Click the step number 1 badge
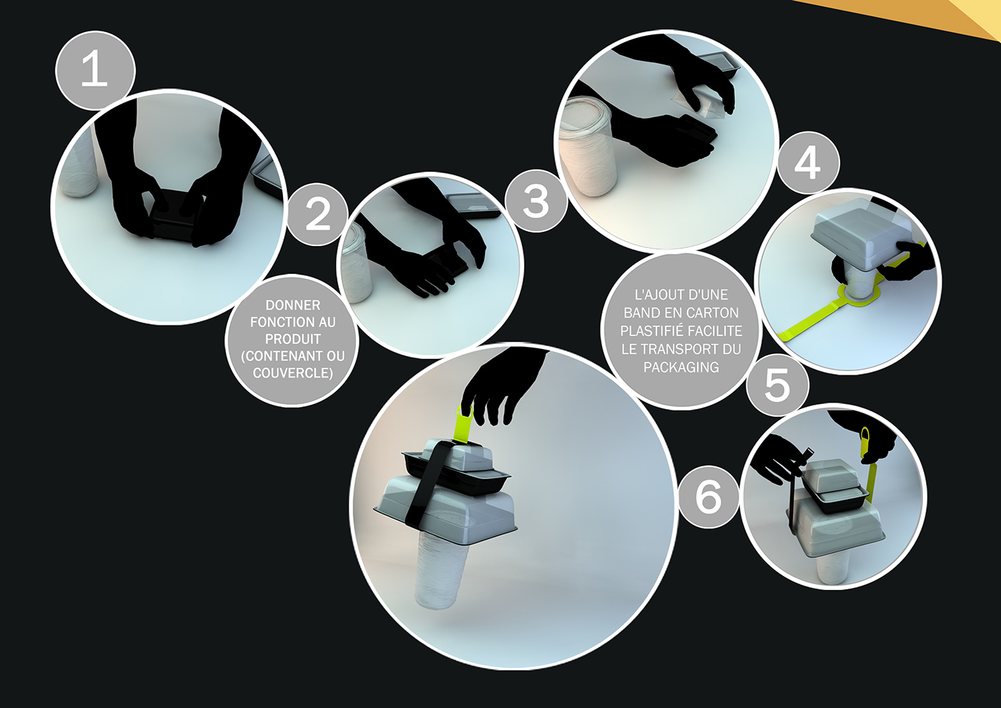point(95,71)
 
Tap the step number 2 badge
point(317,214)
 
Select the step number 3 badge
point(536,201)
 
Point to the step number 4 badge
point(808,163)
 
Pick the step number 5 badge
point(777,385)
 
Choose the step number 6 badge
point(709,496)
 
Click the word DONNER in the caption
point(292,305)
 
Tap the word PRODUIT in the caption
point(292,339)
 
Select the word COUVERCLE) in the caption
point(292,373)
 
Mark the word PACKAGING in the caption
point(681,367)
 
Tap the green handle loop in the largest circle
point(463,426)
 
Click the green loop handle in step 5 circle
point(866,442)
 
